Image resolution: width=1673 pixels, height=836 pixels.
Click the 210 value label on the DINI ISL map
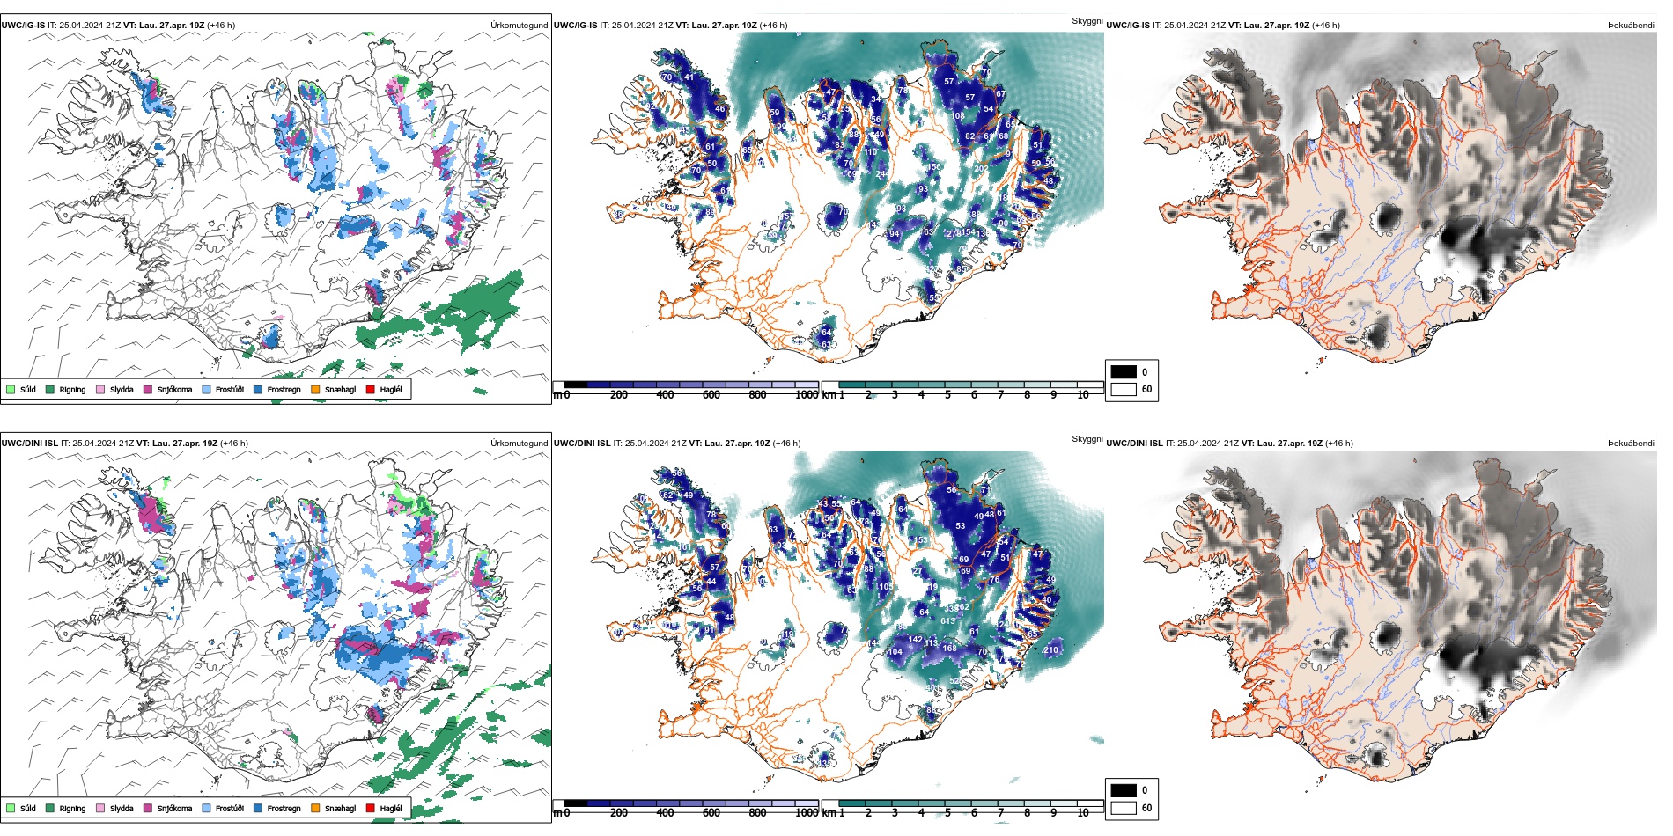[x=1051, y=650]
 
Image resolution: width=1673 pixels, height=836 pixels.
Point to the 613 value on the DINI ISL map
[x=947, y=621]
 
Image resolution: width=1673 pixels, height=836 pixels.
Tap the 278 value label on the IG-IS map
[x=954, y=233]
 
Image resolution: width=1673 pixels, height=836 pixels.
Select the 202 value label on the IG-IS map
[x=981, y=169]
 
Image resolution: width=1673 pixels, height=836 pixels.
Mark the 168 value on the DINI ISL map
[x=949, y=649]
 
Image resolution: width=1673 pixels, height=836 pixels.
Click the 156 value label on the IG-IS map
[x=934, y=166]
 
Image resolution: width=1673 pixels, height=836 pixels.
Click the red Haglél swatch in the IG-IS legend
[x=371, y=389]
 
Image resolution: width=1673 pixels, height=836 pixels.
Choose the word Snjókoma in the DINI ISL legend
[x=174, y=808]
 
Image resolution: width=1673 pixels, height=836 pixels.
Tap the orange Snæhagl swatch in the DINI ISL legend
[x=315, y=808]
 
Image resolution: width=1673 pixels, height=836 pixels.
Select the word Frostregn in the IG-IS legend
[x=284, y=389]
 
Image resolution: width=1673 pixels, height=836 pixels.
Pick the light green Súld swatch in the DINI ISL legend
[x=11, y=808]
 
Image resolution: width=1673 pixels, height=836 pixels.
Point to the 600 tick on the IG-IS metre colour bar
[x=711, y=395]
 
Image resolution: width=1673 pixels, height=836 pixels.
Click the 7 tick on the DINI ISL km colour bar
[x=1000, y=813]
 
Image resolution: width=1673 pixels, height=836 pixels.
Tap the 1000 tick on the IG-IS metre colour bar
[x=807, y=395]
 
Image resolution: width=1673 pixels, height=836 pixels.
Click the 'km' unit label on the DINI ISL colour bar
[x=829, y=813]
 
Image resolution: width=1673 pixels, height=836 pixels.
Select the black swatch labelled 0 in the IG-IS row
[x=1124, y=371]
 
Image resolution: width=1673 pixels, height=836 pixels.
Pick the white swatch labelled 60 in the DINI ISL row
[x=1124, y=808]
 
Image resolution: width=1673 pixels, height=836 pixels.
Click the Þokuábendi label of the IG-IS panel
[x=1631, y=26]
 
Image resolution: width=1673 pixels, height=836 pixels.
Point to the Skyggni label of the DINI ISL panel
[x=1087, y=438]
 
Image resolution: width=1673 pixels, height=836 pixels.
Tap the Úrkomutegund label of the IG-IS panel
[x=519, y=26]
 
